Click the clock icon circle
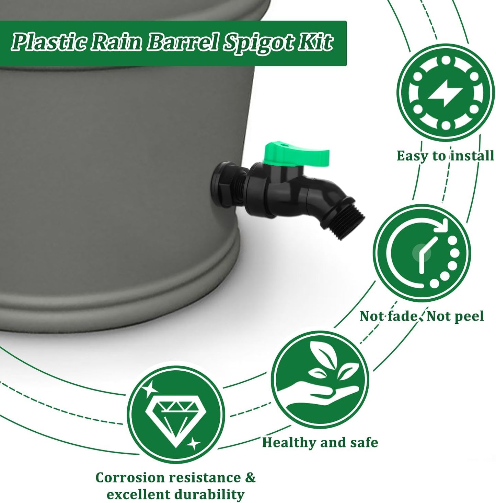pyautogui.click(x=422, y=253)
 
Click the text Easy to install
pyautogui.click(x=445, y=156)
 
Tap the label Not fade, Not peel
pyautogui.click(x=422, y=316)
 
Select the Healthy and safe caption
pyautogui.click(x=320, y=442)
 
